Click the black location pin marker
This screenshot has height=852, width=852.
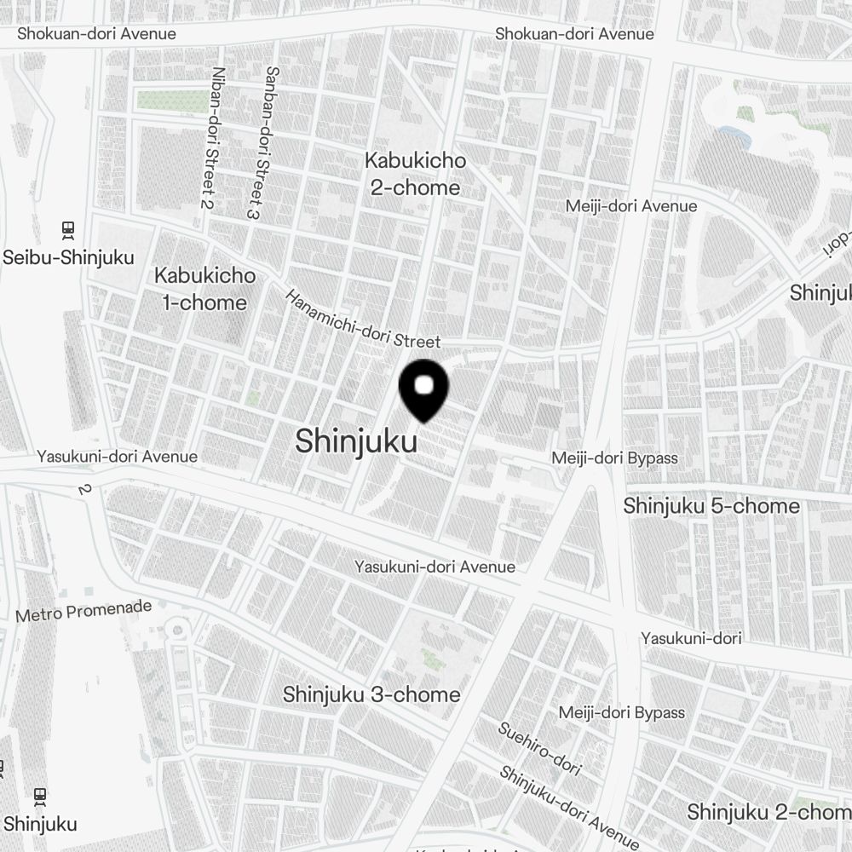pos(423,389)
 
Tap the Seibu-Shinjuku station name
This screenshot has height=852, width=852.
pos(69,257)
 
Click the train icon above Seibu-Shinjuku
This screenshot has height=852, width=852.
pos(68,230)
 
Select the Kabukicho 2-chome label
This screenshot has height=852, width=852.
pos(415,174)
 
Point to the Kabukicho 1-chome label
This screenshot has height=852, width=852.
pos(204,289)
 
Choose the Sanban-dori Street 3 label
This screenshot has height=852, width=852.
pos(262,143)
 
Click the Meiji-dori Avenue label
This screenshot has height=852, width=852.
pos(631,206)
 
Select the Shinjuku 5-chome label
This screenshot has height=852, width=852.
pos(711,506)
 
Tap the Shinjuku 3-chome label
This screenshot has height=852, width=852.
pos(371,694)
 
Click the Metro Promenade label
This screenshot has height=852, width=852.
pos(83,610)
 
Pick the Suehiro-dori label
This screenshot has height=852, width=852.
pos(539,749)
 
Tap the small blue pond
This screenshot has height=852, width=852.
pos(734,135)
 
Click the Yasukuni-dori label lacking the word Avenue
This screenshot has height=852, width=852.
pos(691,638)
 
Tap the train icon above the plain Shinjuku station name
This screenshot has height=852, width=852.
pos(40,797)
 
